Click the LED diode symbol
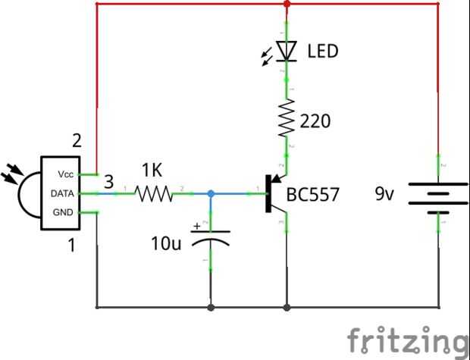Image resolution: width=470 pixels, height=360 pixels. coord(286,51)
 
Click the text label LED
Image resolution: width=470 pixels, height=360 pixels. coord(322,52)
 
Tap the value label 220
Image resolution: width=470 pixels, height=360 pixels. coord(315,120)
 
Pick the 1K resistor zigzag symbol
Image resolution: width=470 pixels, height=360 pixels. coord(155,194)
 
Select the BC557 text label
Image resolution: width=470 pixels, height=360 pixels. coord(314,195)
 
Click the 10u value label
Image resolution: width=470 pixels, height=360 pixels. coord(166,243)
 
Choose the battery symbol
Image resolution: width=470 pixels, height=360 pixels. coord(438,195)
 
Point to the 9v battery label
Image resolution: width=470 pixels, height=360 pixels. coord(384,194)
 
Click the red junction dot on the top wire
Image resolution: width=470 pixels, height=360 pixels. coord(287,5)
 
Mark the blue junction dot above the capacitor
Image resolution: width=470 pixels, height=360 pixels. coord(211,194)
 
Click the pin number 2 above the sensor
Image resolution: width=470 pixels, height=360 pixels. coord(76,141)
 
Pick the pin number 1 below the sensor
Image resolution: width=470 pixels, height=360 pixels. coord(72,245)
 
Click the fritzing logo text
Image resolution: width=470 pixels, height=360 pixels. coord(407,339)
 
